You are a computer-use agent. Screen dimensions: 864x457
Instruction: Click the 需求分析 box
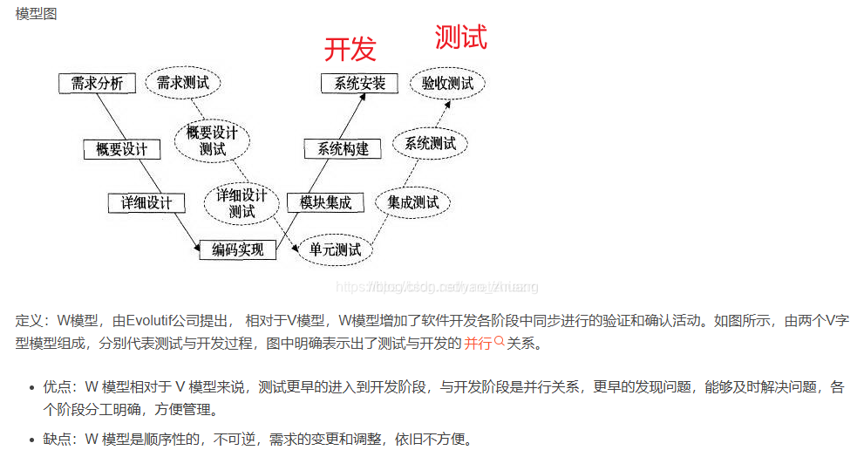[97, 83]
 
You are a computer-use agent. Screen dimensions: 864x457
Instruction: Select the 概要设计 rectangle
[122, 149]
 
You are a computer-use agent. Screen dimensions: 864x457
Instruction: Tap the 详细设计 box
[146, 203]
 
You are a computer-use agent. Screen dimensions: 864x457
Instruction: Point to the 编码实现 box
[237, 250]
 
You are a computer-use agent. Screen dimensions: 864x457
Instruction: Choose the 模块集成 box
[325, 202]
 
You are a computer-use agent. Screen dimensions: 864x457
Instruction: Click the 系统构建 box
[343, 149]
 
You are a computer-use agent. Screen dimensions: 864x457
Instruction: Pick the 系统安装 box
[359, 83]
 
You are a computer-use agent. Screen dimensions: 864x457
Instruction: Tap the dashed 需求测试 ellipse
[183, 83]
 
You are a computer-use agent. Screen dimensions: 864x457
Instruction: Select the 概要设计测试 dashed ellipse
[212, 140]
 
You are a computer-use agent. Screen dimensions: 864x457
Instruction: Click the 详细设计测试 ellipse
[242, 202]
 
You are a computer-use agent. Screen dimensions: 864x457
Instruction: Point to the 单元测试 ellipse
[336, 250]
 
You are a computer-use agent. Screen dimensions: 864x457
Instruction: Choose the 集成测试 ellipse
[412, 202]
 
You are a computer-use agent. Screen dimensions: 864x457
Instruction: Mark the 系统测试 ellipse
[431, 143]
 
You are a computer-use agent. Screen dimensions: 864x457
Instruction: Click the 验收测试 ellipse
[447, 83]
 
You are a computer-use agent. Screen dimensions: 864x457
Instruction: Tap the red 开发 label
[350, 49]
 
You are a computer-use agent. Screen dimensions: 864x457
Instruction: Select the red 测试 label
[460, 37]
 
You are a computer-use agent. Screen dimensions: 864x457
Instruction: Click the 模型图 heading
[37, 15]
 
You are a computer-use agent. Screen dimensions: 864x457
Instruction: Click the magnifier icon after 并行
[500, 343]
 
